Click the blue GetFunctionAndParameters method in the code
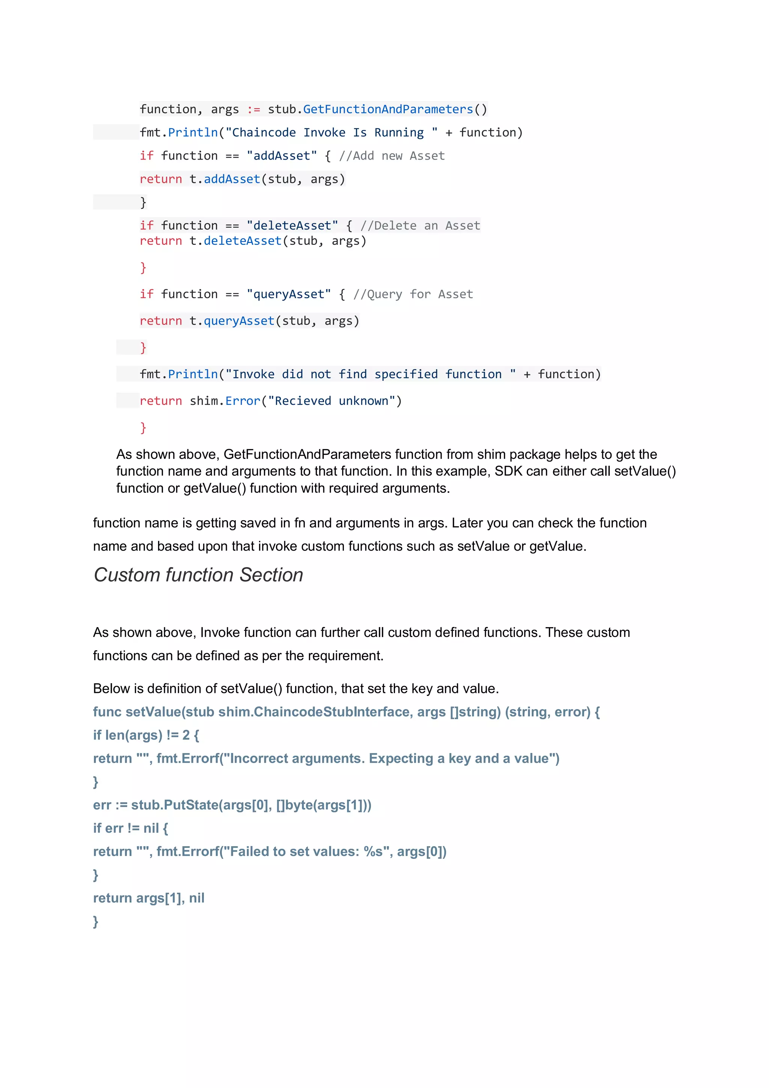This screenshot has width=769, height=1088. (x=388, y=109)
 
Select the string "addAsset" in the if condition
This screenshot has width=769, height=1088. (x=282, y=156)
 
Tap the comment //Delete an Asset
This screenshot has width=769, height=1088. (x=420, y=226)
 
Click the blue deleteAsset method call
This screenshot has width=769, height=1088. (x=243, y=241)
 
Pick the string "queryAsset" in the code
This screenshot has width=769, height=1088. (x=288, y=294)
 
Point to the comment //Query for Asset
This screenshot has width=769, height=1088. (x=413, y=294)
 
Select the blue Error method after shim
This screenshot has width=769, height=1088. (x=243, y=401)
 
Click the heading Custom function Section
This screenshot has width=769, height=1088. (x=198, y=575)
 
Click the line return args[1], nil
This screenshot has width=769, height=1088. (x=149, y=898)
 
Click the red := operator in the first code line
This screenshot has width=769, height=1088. (x=253, y=109)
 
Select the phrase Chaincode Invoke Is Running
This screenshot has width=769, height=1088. (x=328, y=133)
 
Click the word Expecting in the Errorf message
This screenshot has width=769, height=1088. (x=401, y=759)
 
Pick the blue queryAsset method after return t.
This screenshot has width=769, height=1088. (x=239, y=321)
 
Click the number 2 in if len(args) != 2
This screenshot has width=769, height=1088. (x=186, y=735)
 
